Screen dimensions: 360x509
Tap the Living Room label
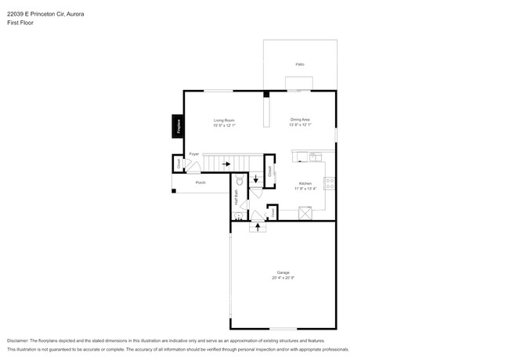tap(225, 120)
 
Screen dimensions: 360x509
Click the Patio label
tap(299, 64)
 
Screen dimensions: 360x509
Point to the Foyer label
tap(193, 154)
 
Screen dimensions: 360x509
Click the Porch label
tap(200, 182)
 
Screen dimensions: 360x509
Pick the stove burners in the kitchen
tap(330, 185)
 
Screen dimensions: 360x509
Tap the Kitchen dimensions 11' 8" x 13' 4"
tap(304, 189)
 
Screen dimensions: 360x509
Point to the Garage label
tap(283, 272)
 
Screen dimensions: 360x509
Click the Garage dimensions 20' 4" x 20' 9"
tap(283, 278)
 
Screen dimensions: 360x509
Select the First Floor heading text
tap(21, 23)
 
